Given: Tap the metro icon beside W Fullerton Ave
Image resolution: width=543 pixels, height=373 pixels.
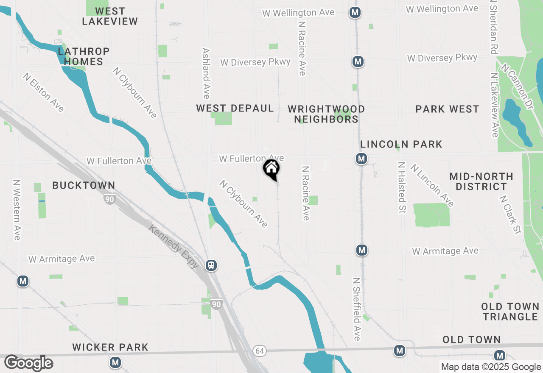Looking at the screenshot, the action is (x=361, y=159).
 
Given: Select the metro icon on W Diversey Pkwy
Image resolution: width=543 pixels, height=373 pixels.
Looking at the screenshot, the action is (x=358, y=62).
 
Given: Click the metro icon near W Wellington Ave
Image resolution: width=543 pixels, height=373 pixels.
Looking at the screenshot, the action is (x=355, y=13).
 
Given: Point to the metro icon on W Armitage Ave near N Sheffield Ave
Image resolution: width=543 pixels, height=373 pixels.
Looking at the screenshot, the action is (x=361, y=250).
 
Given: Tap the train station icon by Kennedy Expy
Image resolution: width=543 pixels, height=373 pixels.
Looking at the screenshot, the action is (x=211, y=265).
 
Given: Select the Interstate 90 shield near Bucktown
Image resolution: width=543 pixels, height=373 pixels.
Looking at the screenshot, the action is (x=110, y=199).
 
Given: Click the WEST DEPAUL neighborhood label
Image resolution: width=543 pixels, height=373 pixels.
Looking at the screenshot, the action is (x=235, y=109).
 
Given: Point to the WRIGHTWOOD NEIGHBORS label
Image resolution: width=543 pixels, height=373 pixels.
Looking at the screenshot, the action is (x=326, y=114).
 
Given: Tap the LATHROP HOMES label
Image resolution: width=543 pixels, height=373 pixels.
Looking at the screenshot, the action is (x=84, y=56).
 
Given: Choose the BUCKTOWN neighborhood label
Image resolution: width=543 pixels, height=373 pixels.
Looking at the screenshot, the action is (x=84, y=185).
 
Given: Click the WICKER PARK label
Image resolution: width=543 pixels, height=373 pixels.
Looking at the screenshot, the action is (x=110, y=348).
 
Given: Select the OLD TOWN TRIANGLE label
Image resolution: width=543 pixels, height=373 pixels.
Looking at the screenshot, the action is (x=510, y=312).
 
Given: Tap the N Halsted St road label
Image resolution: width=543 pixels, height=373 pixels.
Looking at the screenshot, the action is (x=401, y=187).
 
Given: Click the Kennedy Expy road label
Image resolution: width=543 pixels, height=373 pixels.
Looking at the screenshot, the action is (x=174, y=246).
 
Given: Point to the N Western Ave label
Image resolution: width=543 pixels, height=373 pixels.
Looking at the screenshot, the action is (x=17, y=210).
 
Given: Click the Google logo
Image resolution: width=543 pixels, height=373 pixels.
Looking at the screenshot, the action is (x=29, y=363).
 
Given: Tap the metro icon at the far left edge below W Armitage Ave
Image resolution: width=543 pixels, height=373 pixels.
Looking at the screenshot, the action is (x=23, y=281).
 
